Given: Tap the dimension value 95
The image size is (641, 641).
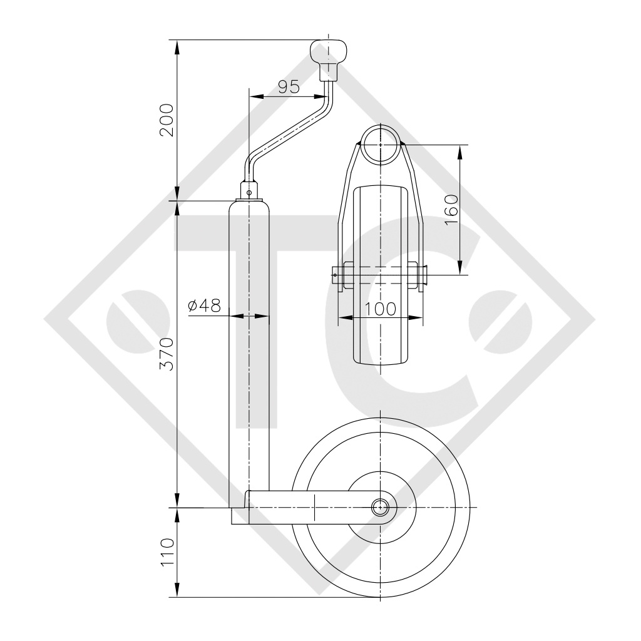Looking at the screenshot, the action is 289,86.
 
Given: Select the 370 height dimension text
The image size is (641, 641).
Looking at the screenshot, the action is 167,354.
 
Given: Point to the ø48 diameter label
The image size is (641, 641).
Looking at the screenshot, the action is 205,305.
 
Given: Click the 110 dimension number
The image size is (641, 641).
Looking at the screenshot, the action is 167,552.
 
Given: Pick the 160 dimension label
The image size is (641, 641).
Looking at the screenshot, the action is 451,209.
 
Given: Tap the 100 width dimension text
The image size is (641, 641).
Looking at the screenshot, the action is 380,309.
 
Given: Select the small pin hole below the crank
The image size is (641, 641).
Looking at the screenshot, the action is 249,192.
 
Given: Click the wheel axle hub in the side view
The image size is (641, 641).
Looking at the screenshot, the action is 380,507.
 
